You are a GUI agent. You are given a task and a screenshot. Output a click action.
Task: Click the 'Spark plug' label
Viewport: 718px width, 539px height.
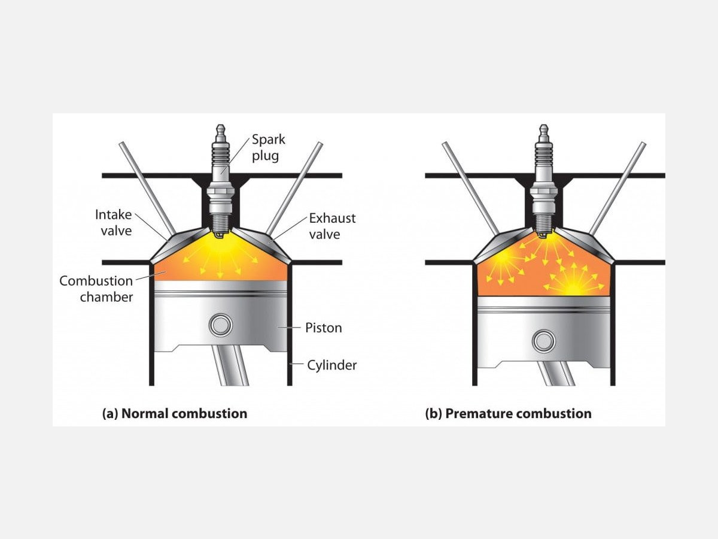268,148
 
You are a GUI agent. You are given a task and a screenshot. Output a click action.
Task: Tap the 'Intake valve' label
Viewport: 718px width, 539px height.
113,222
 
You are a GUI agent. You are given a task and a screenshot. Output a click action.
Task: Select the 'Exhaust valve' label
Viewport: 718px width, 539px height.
332,226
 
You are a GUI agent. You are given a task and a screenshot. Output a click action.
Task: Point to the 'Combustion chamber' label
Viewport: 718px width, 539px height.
96,288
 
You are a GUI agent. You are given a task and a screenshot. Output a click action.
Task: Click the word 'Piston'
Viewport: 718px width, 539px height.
323,328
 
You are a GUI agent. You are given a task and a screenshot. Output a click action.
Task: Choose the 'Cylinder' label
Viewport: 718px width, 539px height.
331,365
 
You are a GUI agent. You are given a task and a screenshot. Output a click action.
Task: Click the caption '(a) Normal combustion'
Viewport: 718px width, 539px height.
175,413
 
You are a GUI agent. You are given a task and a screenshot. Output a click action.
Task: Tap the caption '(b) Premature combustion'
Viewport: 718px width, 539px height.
508,413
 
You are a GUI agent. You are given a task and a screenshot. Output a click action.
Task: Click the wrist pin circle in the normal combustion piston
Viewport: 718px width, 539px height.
220,325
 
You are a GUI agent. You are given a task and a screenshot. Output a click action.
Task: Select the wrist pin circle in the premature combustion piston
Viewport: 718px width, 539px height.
544,341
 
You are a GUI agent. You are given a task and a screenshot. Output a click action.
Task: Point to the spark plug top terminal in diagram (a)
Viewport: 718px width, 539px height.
221,130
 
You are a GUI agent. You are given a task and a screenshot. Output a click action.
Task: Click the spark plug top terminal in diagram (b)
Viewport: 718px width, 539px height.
544,130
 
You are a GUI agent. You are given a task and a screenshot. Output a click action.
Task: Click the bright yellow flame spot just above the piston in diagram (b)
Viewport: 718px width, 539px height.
571,288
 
